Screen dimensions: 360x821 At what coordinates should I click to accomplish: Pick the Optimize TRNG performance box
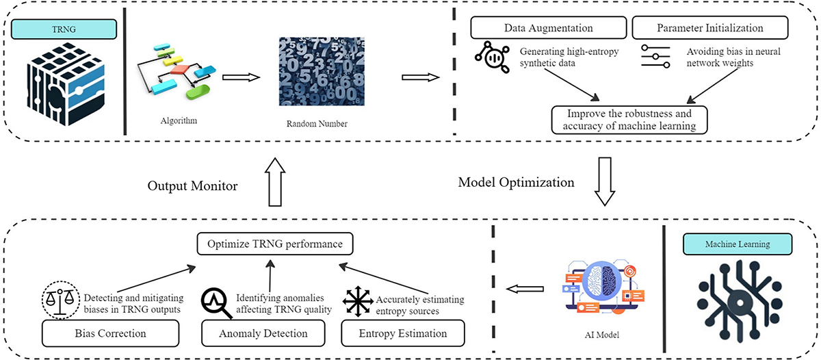275,243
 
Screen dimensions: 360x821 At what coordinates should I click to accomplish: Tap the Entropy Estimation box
402,333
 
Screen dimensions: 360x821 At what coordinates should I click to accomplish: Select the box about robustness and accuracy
629,119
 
